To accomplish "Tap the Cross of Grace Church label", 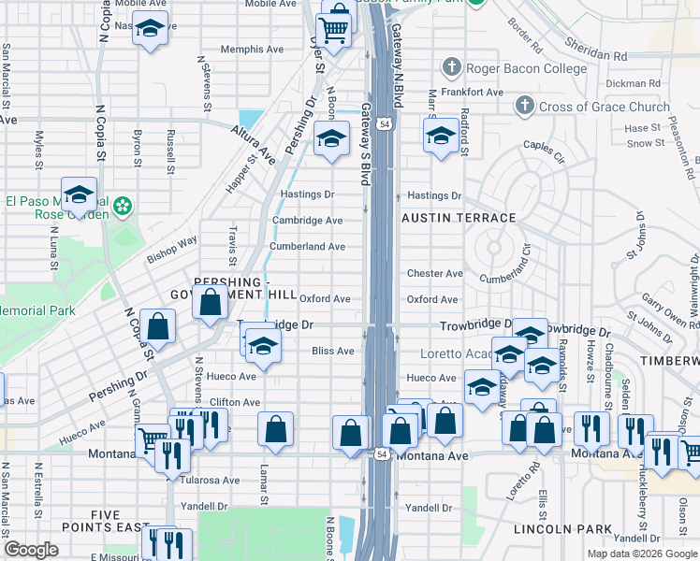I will pyautogui.click(x=604, y=107).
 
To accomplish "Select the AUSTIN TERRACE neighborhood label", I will pyautogui.click(x=459, y=218).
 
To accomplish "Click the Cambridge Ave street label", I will pyautogui.click(x=307, y=221).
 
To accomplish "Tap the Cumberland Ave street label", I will pyautogui.click(x=307, y=247).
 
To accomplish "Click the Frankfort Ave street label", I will pyautogui.click(x=473, y=93).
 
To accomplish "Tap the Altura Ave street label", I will pyautogui.click(x=254, y=146).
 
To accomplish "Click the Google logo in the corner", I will pyautogui.click(x=32, y=551).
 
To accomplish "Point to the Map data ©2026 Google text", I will pyautogui.click(x=641, y=554).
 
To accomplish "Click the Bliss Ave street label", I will pyautogui.click(x=332, y=352).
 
